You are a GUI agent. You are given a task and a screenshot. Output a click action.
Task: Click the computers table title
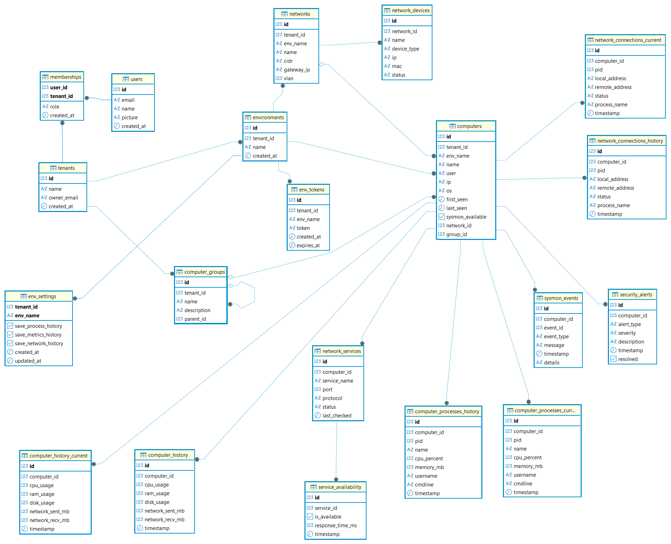point(469,126)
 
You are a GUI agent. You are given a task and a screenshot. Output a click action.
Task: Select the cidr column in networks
point(288,61)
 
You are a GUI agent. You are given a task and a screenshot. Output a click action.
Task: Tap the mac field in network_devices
point(397,66)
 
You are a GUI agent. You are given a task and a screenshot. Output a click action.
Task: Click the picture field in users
point(130,118)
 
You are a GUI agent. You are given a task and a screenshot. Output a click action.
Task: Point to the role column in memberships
point(55,107)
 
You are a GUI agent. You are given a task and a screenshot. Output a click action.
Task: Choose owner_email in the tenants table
point(63,198)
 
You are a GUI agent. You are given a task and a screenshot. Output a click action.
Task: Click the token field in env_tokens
point(303,228)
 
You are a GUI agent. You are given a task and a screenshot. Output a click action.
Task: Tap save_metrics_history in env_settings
point(38,335)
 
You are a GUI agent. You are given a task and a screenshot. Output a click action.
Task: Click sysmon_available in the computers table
point(466,217)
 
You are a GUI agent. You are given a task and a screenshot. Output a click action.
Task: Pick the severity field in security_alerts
point(627,333)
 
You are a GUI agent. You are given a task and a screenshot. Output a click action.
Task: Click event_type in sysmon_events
point(556,337)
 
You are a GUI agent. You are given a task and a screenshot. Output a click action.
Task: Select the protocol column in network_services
point(332,398)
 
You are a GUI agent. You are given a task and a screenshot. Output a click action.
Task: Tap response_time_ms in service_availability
point(336,526)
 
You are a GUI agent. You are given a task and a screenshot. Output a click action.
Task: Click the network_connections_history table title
point(630,141)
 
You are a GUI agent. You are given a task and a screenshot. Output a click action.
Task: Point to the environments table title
point(268,118)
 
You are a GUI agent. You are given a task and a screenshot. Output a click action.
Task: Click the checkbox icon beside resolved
point(613,359)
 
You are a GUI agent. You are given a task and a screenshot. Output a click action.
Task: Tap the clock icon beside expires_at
point(292,245)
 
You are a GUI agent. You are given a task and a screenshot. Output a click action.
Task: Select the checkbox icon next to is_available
point(310,517)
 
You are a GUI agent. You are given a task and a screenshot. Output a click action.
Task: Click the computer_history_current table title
point(59,456)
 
